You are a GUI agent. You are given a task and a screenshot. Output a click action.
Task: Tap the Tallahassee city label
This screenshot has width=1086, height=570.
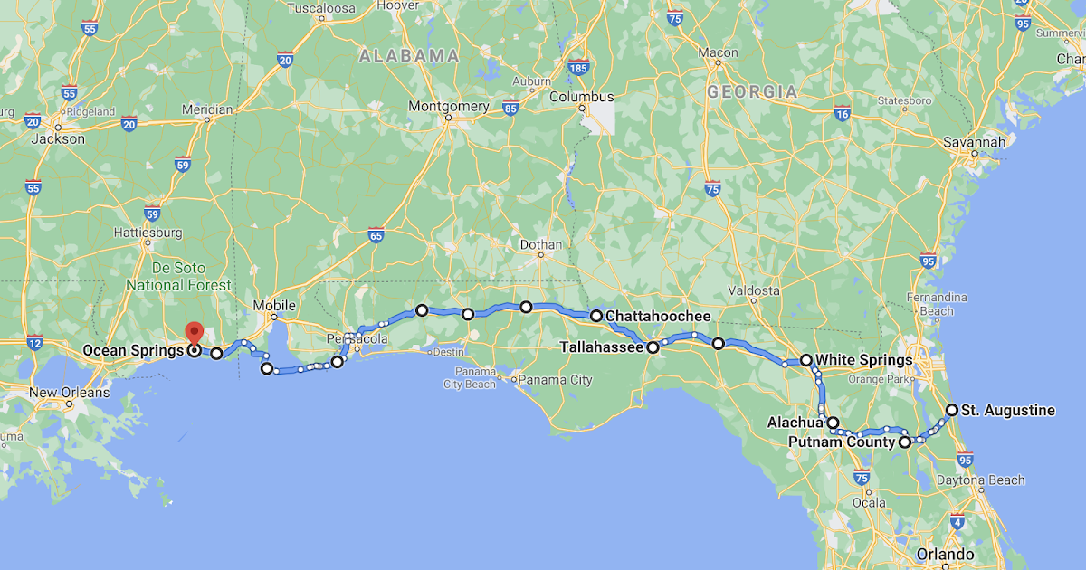pyautogui.click(x=601, y=347)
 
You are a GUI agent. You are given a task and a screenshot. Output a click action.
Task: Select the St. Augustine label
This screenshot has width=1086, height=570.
pyautogui.click(x=1007, y=410)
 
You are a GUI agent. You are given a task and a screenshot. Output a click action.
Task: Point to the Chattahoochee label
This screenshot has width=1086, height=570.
pyautogui.click(x=657, y=316)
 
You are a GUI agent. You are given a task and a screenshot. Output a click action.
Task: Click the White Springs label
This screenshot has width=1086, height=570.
pyautogui.click(x=863, y=360)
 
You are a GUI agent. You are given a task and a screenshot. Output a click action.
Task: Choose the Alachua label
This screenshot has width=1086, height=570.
pyautogui.click(x=795, y=423)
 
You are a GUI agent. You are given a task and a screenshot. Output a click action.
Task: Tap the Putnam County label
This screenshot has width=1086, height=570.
pyautogui.click(x=842, y=442)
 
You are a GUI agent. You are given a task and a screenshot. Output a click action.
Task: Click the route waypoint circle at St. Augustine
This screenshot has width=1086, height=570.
pyautogui.click(x=951, y=410)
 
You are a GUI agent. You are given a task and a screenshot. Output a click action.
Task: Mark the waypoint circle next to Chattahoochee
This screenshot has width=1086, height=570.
pyautogui.click(x=596, y=316)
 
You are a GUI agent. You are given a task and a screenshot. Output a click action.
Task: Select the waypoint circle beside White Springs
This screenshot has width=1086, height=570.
pyautogui.click(x=806, y=360)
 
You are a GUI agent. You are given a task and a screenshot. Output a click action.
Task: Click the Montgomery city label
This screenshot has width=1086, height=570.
pyautogui.click(x=449, y=106)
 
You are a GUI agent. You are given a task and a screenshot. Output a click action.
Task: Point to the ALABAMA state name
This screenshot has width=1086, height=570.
pyautogui.click(x=409, y=56)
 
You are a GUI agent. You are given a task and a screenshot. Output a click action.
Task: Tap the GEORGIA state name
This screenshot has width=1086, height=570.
pyautogui.click(x=752, y=91)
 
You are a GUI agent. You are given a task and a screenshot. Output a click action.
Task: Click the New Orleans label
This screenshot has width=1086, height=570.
pyautogui.click(x=69, y=393)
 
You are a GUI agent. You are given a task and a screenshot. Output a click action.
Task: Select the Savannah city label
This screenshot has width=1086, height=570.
pyautogui.click(x=974, y=142)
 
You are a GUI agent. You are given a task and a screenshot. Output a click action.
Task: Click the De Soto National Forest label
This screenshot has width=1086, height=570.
pyautogui.click(x=178, y=277)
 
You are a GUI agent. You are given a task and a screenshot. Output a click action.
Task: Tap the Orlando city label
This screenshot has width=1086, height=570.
pyautogui.click(x=944, y=554)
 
